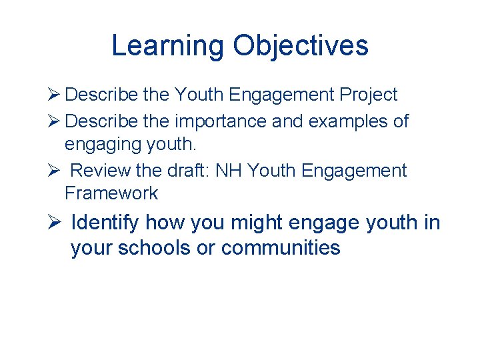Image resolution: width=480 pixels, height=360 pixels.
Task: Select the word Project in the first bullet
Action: tap(368, 95)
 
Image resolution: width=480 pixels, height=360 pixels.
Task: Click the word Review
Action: tap(100, 171)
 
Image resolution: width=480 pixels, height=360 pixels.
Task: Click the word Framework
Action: tap(111, 194)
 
